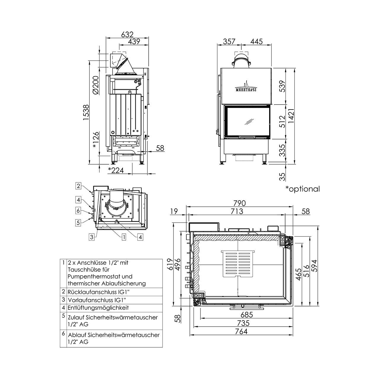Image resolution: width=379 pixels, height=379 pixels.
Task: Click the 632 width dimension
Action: point(127,34)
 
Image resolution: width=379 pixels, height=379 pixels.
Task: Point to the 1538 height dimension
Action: point(86,113)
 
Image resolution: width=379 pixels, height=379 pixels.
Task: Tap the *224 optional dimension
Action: point(116,170)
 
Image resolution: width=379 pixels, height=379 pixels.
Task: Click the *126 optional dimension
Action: point(96,140)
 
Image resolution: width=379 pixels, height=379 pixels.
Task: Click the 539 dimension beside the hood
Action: point(282,86)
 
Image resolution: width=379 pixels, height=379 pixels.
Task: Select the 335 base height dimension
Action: point(282,150)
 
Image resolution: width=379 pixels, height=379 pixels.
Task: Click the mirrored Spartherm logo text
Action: point(246,89)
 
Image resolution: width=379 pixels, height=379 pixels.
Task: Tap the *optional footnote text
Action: point(303,189)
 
